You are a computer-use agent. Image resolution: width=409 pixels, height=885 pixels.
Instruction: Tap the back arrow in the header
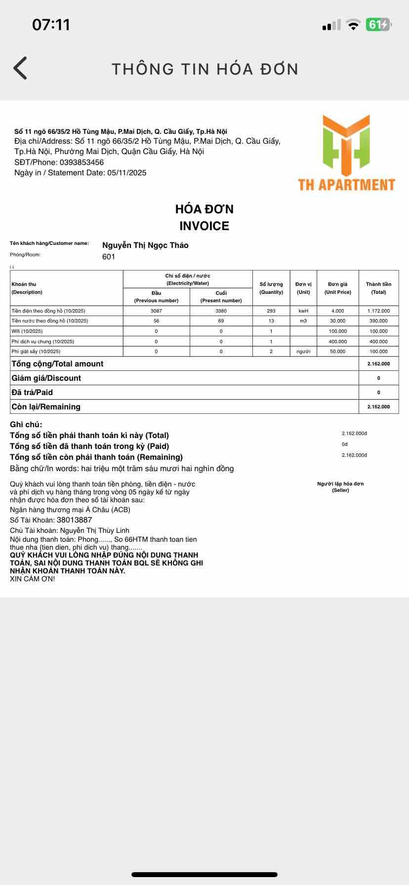point(20,68)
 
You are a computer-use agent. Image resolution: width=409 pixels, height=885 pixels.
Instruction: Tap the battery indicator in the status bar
point(378,25)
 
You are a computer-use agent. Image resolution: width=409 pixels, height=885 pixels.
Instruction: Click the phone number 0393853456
point(81,162)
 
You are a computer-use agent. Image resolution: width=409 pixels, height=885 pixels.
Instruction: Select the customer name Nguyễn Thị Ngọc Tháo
point(145,245)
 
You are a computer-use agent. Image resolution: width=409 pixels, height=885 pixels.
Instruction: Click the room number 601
point(109,257)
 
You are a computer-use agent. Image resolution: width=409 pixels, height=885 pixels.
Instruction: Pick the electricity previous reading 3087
point(156,311)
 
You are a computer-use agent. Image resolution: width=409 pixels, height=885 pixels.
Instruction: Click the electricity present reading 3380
point(221,311)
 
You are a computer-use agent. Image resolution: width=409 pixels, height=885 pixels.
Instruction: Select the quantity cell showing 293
point(271,311)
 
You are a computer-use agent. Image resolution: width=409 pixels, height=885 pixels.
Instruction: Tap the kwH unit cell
point(303,311)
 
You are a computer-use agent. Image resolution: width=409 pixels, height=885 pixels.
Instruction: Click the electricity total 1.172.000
point(378,311)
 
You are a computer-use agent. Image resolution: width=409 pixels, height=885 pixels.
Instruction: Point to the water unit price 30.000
point(337,321)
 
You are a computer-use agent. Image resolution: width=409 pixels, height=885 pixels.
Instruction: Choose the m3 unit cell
point(303,321)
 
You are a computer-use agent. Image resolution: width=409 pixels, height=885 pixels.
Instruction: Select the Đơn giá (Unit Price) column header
point(337,288)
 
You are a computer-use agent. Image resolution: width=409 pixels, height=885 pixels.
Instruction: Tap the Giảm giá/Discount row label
point(46,378)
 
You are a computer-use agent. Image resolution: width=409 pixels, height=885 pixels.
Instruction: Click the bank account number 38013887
point(74,520)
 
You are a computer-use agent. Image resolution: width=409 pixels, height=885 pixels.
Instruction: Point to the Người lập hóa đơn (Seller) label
point(340,487)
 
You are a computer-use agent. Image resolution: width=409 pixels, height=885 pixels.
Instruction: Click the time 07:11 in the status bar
point(51,25)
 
